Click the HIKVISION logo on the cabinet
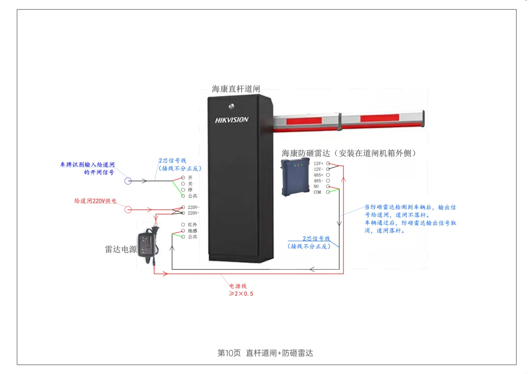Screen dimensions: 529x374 click(x=231, y=120)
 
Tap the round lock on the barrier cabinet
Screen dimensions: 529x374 click(x=231, y=107)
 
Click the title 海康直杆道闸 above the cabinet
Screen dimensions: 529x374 click(x=236, y=89)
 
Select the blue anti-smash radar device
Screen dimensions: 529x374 click(x=295, y=177)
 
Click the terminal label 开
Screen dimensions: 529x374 click(x=190, y=178)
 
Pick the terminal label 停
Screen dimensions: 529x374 click(x=190, y=190)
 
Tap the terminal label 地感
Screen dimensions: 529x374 click(x=192, y=231)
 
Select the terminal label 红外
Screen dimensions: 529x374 click(x=192, y=225)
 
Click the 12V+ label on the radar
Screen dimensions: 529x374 click(x=318, y=164)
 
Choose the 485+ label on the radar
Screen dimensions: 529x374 click(x=318, y=175)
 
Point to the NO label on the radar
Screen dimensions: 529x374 click(x=316, y=187)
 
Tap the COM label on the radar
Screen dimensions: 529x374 click(x=317, y=192)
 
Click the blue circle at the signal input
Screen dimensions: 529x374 click(x=128, y=181)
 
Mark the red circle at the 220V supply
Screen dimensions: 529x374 click(x=128, y=210)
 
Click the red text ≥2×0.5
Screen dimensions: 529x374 click(x=241, y=294)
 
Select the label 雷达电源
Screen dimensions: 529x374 click(x=121, y=249)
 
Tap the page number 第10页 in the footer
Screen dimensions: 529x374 click(x=229, y=353)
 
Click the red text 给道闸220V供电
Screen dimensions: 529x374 click(x=96, y=201)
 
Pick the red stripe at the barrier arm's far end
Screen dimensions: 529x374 click(x=380, y=118)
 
